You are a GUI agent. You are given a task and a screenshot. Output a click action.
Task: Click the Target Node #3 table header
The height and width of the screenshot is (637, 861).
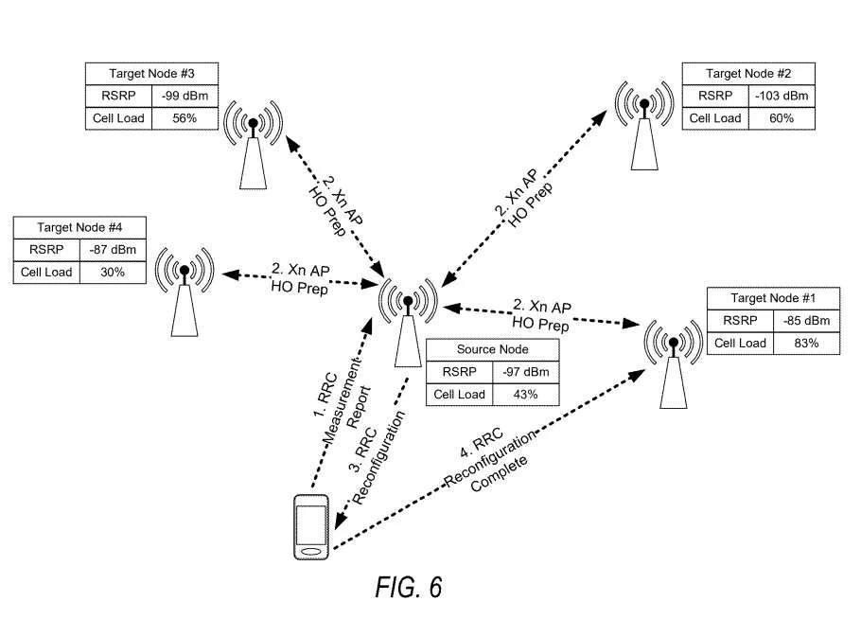[x=151, y=74]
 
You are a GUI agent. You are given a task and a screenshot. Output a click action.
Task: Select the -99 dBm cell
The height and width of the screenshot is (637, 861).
[x=185, y=96]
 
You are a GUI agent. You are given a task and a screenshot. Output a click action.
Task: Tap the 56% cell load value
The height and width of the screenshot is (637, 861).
[x=184, y=118]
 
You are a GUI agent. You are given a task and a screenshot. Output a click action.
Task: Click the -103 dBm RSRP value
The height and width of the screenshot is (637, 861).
[x=782, y=96]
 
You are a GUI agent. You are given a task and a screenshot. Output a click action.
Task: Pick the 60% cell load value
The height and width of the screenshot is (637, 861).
[x=782, y=118]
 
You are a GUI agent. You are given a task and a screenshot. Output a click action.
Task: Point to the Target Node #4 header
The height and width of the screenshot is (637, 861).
[x=79, y=227]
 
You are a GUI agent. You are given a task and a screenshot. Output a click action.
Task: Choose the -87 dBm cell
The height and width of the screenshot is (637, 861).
[x=113, y=249]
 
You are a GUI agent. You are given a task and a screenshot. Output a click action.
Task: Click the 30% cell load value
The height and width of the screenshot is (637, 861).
[x=113, y=272]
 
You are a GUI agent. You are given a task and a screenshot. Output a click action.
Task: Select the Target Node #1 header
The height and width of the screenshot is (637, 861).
[x=773, y=298]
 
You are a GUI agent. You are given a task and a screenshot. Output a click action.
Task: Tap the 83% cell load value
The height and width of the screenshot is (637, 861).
[x=806, y=344]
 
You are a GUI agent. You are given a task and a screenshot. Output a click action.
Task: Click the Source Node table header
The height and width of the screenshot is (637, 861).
[x=493, y=349]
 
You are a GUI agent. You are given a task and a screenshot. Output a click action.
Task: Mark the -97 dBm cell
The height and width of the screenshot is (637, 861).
[x=525, y=372]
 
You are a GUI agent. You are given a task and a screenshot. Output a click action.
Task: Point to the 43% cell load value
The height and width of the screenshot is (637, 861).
[x=525, y=395]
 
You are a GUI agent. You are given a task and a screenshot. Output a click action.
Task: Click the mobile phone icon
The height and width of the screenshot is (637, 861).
[x=311, y=527]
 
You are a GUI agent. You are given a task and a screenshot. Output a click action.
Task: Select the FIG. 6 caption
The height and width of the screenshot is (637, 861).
[x=409, y=588]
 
